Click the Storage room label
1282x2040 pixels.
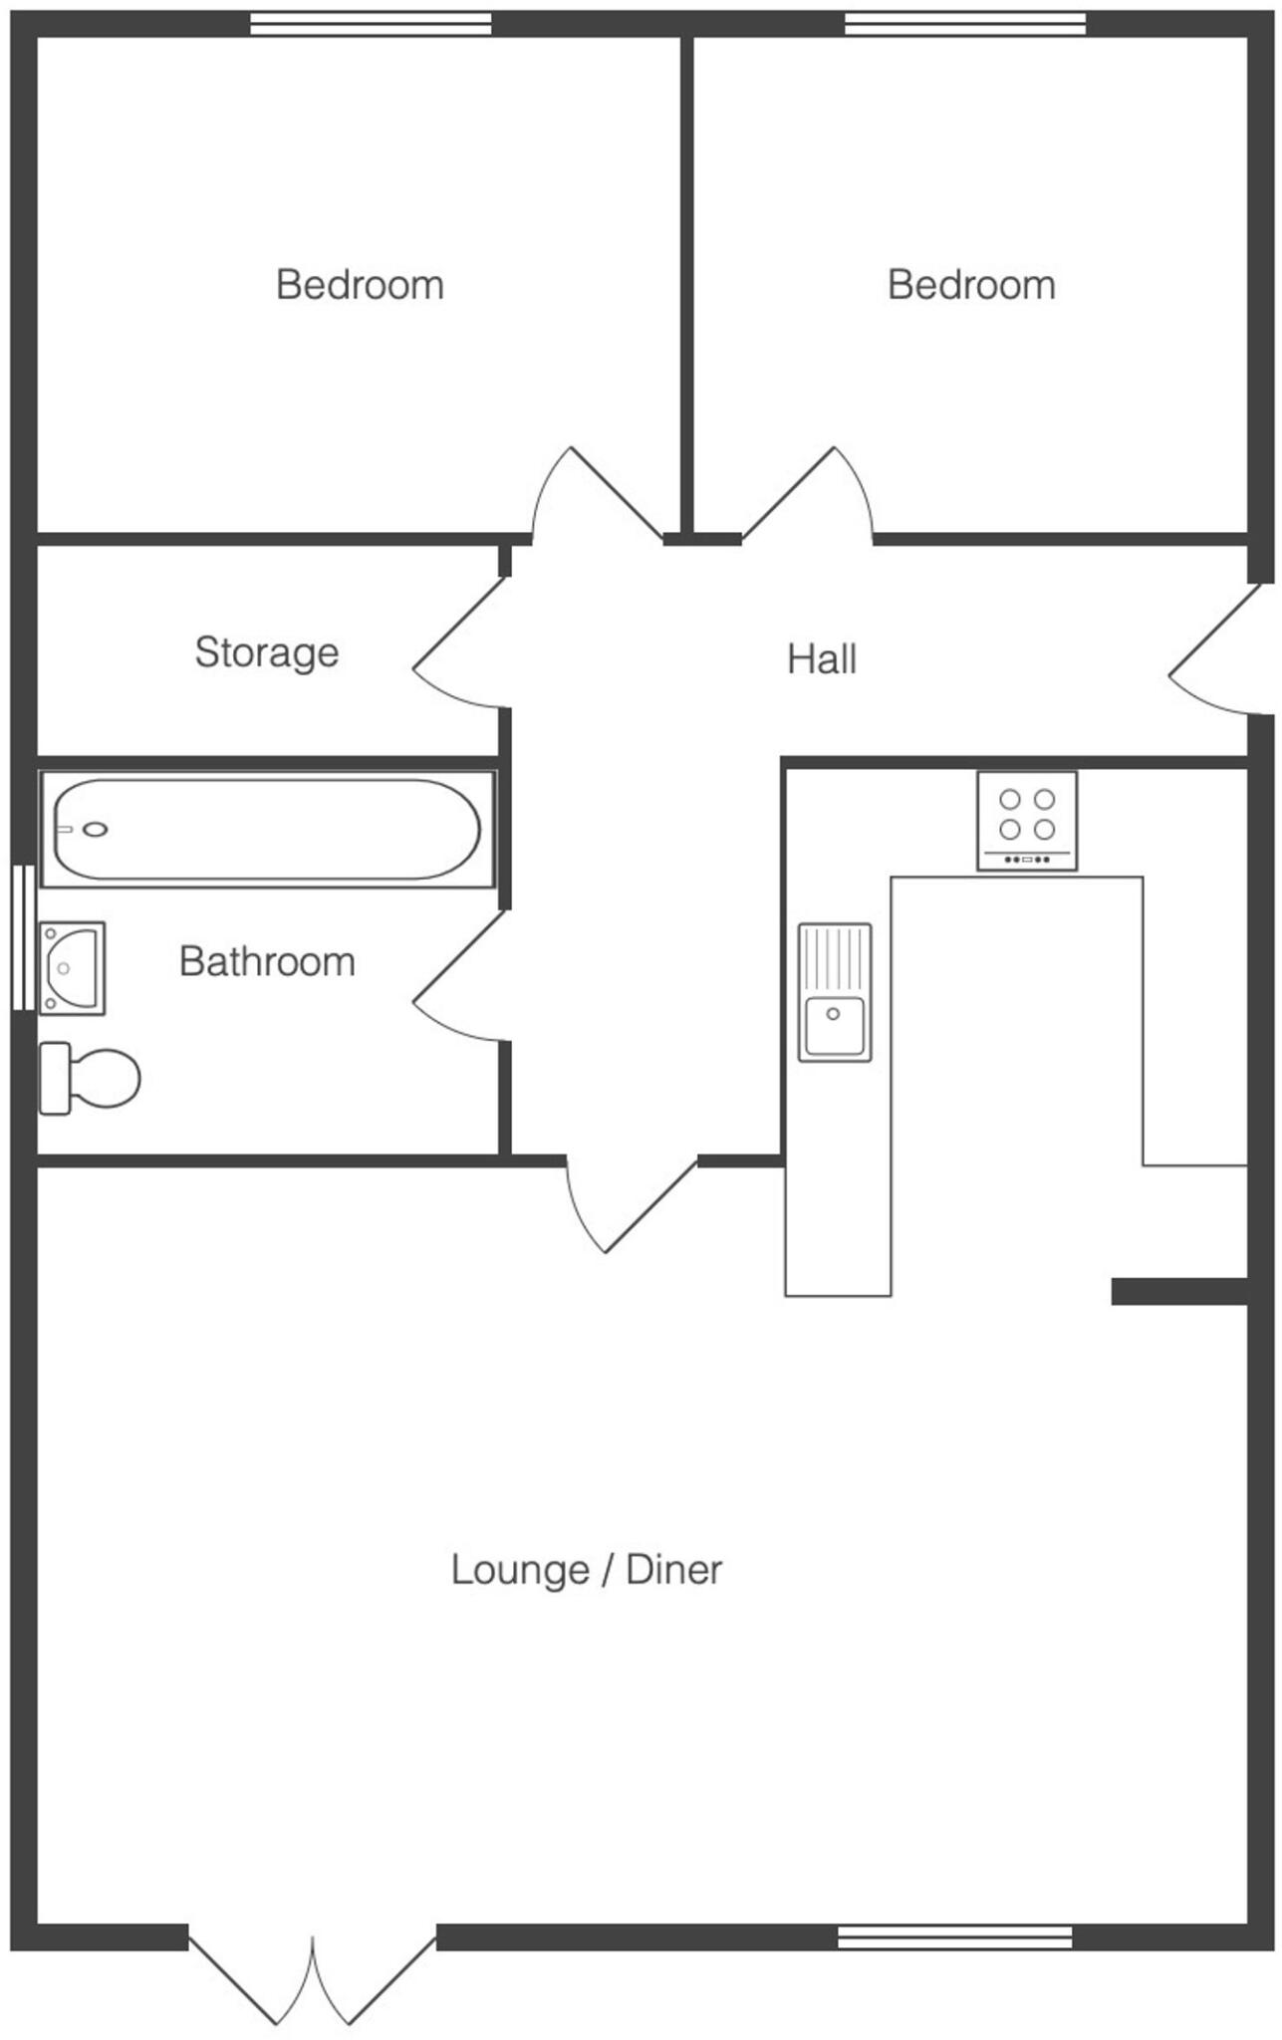(x=266, y=652)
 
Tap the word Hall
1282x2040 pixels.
(x=821, y=659)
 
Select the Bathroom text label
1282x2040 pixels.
(x=266, y=961)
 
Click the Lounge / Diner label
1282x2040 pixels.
(x=586, y=1570)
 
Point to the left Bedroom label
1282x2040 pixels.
(x=359, y=285)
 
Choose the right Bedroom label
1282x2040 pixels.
(x=970, y=285)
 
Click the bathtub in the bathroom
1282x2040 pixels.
(x=266, y=829)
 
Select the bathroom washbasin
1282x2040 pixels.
(x=72, y=967)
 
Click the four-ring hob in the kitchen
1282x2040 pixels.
(x=1026, y=820)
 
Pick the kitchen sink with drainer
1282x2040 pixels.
(x=834, y=992)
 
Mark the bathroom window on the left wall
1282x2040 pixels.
(x=23, y=936)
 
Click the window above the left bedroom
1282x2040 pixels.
(x=370, y=24)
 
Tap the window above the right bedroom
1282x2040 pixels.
(x=964, y=24)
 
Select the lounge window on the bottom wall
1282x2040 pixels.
(x=954, y=1936)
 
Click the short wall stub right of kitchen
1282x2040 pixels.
(x=1178, y=1292)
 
